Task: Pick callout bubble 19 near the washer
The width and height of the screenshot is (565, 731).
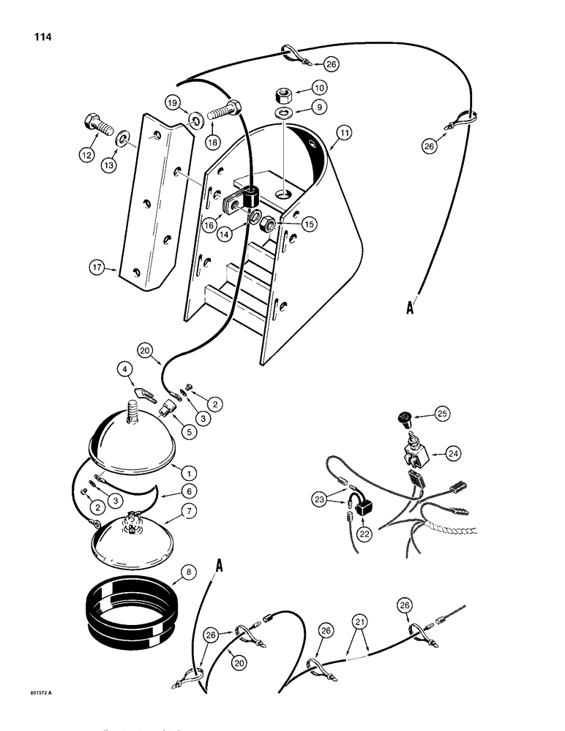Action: (173, 103)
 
